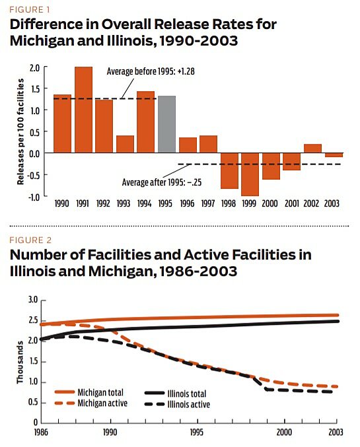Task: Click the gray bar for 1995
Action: tap(166, 124)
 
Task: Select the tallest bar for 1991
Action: tap(83, 110)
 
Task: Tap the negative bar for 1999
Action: tap(250, 174)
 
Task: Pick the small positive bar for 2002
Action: tap(312, 149)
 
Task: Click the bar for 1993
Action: tap(125, 144)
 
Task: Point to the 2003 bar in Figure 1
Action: tap(334, 155)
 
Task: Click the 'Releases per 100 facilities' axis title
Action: tap(21, 131)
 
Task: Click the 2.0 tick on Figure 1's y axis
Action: tap(35, 67)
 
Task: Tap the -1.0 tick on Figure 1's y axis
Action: tap(34, 196)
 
